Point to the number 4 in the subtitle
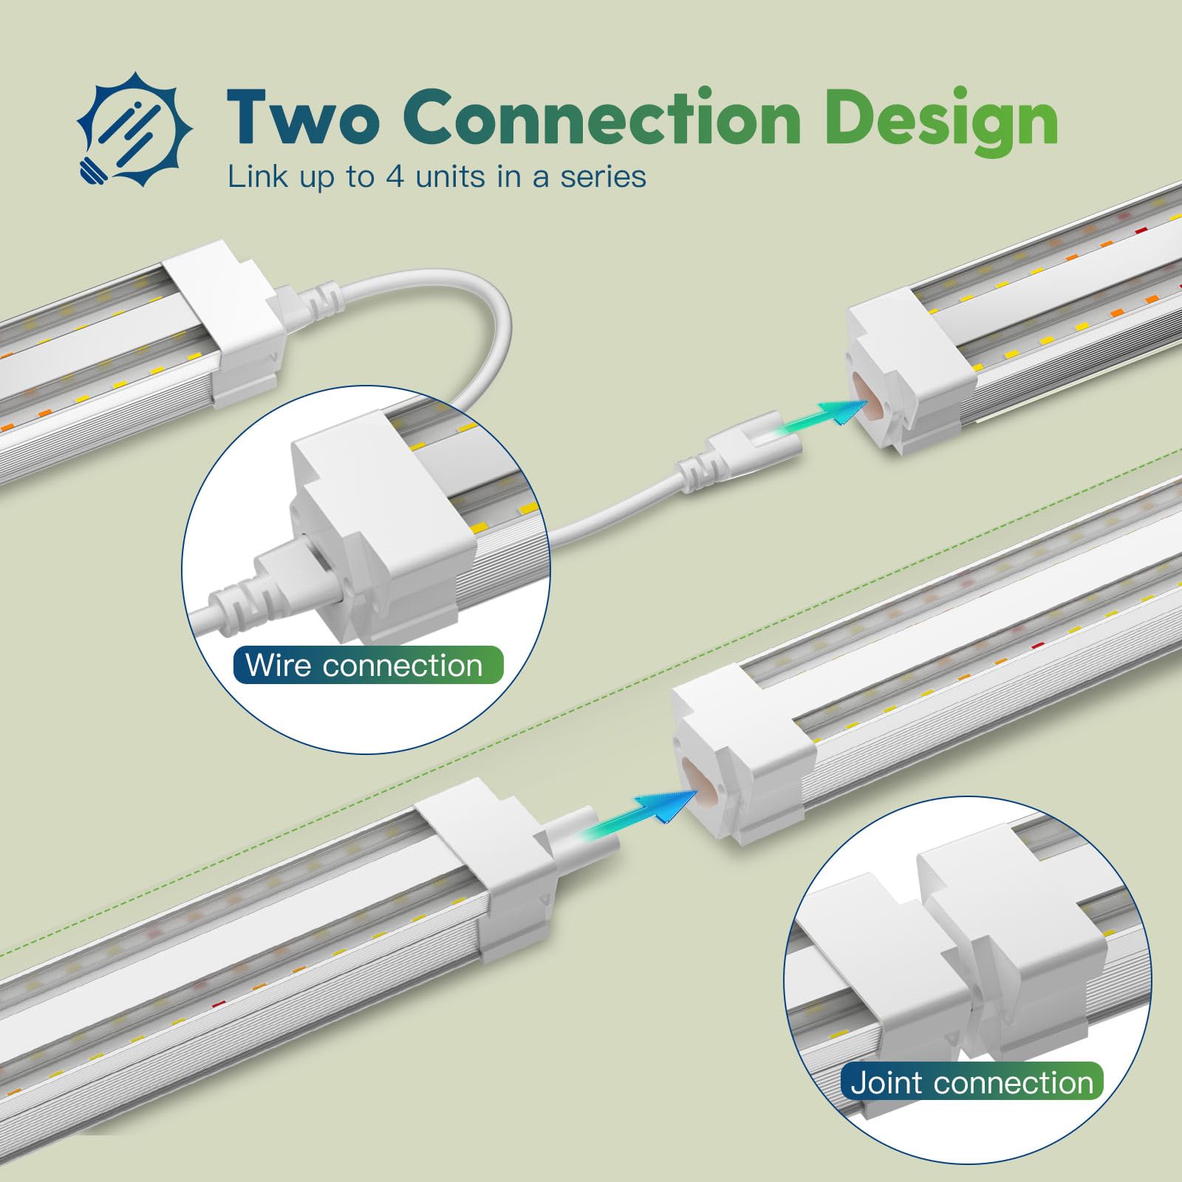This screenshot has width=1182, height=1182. (395, 177)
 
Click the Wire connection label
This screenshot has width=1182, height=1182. (368, 665)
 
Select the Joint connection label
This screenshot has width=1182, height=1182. (971, 1082)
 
